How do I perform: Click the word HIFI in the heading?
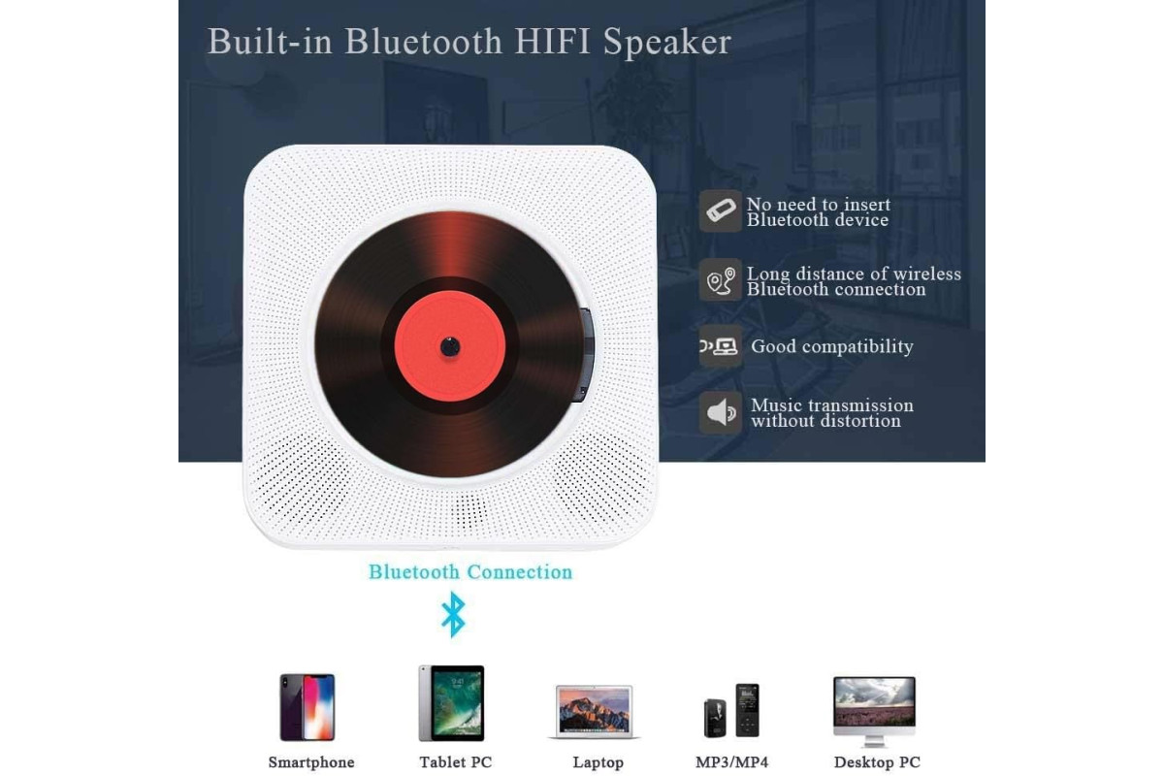tap(553, 41)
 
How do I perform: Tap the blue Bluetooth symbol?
tap(453, 615)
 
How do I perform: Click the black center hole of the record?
tap(450, 346)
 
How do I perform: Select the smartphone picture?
tap(307, 707)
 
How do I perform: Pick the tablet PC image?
tap(451, 702)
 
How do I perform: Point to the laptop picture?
tap(595, 712)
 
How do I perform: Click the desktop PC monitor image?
tap(875, 711)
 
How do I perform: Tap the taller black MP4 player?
tap(747, 710)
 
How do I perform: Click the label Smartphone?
tap(311, 762)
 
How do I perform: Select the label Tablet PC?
tap(455, 762)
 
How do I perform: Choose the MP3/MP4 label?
tap(731, 762)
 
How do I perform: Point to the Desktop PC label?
tap(877, 762)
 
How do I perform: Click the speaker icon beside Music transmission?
tap(720, 412)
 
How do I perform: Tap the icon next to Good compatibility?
tap(720, 346)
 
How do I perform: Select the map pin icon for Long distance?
tap(720, 279)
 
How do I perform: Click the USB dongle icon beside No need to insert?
tap(720, 210)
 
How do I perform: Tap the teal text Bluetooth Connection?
tap(470, 571)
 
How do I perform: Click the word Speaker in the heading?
tap(667, 43)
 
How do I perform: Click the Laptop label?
tap(598, 762)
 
